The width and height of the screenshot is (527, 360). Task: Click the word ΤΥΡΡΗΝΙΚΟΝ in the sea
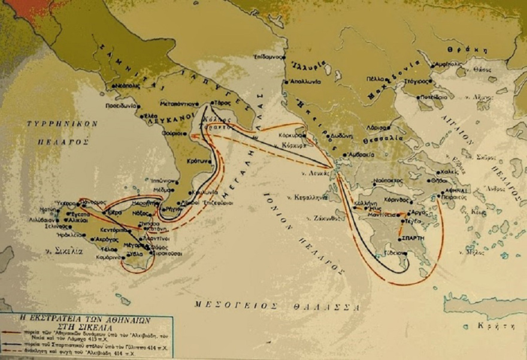coord(53,123)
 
